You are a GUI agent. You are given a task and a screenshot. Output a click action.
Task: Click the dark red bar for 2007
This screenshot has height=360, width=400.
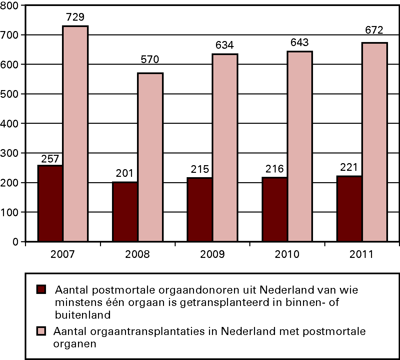tap(50, 203)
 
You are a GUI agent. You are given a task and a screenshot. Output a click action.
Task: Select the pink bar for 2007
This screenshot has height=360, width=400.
tap(75, 133)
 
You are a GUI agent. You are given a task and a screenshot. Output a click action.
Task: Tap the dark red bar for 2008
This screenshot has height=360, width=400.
tap(125, 212)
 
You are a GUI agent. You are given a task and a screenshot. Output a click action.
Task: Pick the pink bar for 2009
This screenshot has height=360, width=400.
tap(225, 147)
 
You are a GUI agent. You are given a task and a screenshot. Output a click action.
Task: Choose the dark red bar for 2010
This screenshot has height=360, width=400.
tap(275, 209)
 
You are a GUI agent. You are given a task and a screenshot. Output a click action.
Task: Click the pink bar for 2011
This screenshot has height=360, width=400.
tap(374, 142)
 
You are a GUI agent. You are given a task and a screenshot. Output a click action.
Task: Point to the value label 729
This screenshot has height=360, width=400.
tap(75, 17)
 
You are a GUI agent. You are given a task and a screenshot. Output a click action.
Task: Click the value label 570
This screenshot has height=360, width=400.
tap(150, 60)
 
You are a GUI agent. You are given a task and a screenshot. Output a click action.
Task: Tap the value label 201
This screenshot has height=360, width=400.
tap(125, 173)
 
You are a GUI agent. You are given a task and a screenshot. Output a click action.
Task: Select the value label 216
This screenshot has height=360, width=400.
tap(275, 169)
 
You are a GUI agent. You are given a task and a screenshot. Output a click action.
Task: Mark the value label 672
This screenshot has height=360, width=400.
tap(374, 30)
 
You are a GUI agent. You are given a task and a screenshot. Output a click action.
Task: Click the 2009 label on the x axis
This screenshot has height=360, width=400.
tap(212, 255)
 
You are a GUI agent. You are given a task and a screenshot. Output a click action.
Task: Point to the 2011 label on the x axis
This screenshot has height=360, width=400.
tap(362, 255)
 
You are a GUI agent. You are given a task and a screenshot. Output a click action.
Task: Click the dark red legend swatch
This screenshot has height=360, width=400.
tap(41, 289)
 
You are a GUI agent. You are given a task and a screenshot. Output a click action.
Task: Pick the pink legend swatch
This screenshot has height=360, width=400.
tap(41, 331)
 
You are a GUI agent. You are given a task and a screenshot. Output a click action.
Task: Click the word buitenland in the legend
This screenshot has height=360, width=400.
tap(83, 315)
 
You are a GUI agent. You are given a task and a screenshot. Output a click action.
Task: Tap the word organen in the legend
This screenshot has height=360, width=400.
tap(75, 344)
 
